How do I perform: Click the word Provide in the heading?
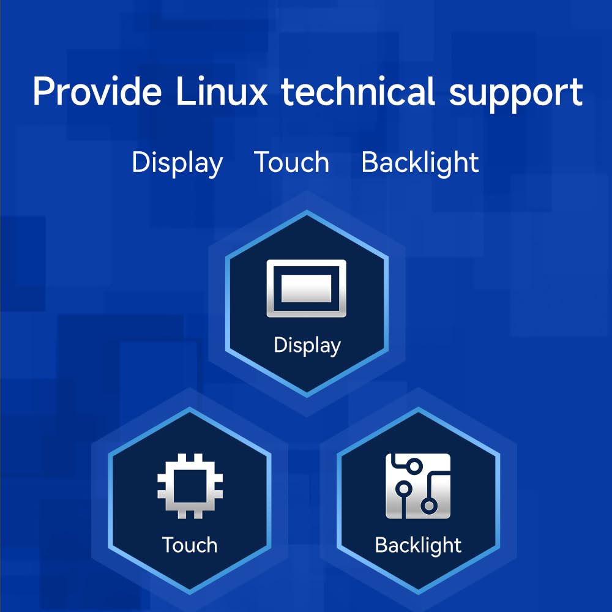click(x=97, y=91)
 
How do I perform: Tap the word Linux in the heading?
click(x=222, y=91)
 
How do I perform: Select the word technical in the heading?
click(x=358, y=91)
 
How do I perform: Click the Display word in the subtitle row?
click(x=177, y=163)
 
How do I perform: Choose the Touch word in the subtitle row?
click(x=291, y=162)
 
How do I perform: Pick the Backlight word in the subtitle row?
click(x=420, y=163)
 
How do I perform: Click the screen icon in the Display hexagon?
click(x=307, y=288)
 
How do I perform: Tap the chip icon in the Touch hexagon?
click(x=190, y=486)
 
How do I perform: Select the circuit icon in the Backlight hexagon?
click(x=418, y=486)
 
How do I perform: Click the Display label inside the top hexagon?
click(x=307, y=346)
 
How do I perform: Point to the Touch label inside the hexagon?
click(x=190, y=545)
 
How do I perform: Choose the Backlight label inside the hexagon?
click(x=418, y=546)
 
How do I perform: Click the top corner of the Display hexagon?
click(x=307, y=211)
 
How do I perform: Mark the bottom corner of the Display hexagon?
click(x=307, y=397)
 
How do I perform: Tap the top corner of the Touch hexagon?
click(x=190, y=408)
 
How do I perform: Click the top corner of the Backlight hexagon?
click(x=419, y=408)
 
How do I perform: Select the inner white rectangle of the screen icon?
click(x=307, y=288)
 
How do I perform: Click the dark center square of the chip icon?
click(x=190, y=486)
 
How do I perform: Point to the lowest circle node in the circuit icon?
click(x=429, y=506)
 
